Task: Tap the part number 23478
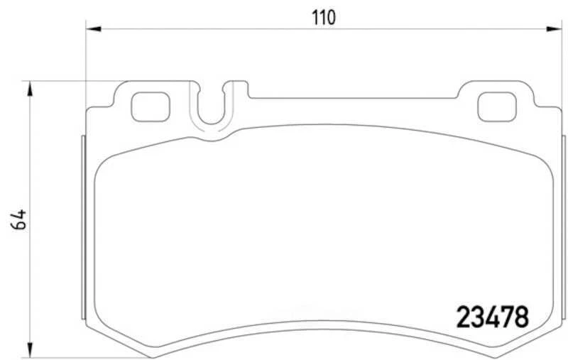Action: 491,317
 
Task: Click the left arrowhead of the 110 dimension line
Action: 92,28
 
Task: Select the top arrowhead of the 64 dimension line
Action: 29,87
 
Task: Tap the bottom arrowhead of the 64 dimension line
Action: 29,351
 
